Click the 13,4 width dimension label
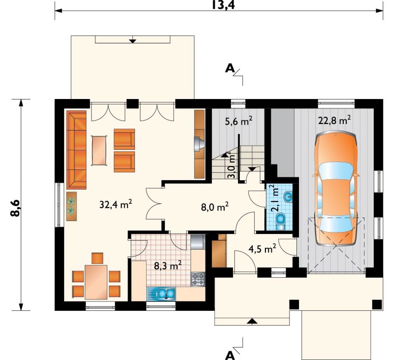click(x=223, y=4)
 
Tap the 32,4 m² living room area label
click(x=116, y=204)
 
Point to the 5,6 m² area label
click(x=238, y=121)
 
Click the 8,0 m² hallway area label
click(x=215, y=207)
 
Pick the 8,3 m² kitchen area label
click(x=167, y=265)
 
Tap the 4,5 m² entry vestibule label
click(x=262, y=249)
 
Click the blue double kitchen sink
click(x=166, y=294)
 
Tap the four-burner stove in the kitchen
click(x=198, y=279)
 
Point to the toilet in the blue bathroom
click(x=280, y=221)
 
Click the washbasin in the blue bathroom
click(x=288, y=196)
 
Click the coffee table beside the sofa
click(x=99, y=150)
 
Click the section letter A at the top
click(x=230, y=68)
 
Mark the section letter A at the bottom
click(x=230, y=356)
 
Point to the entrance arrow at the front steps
click(x=252, y=321)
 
